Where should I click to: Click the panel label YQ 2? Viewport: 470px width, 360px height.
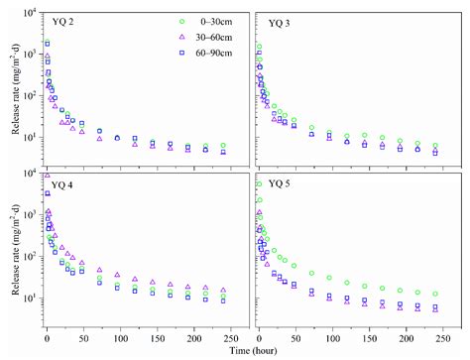coord(62,23)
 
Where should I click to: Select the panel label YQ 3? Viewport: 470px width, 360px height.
coord(279,23)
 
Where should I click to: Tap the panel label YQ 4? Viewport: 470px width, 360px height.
coord(62,185)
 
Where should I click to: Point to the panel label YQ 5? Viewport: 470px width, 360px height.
coord(279,185)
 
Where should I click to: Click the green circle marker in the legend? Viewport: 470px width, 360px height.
coord(154,22)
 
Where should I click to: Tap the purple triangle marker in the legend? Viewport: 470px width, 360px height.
coord(154,37)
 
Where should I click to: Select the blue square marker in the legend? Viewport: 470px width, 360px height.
coord(154,52)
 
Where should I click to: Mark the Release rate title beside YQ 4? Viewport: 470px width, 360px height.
coord(11,254)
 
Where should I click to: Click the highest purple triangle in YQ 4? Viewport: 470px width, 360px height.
coord(46,176)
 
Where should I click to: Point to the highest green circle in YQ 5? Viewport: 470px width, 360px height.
coord(259,184)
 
